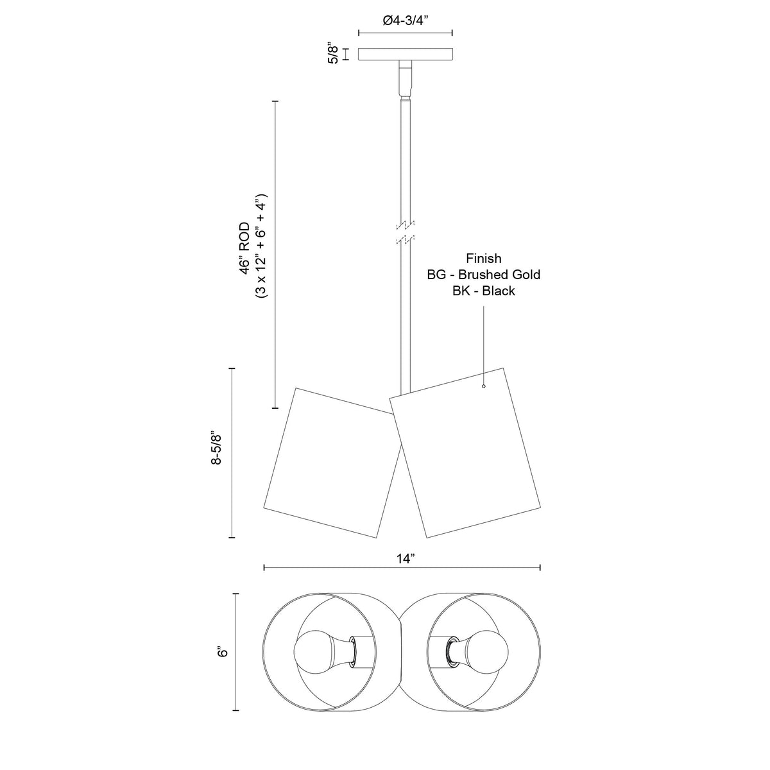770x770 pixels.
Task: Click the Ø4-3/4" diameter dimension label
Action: pyautogui.click(x=405, y=21)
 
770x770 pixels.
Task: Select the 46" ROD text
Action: pyautogui.click(x=244, y=248)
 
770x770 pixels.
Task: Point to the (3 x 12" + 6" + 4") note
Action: pyautogui.click(x=261, y=246)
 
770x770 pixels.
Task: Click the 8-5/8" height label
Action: pyautogui.click(x=216, y=448)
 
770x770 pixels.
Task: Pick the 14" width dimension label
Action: pyautogui.click(x=406, y=559)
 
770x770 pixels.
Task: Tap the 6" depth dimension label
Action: pyautogui.click(x=223, y=652)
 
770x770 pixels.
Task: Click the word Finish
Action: pyautogui.click(x=484, y=259)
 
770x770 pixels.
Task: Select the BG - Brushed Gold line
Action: pyautogui.click(x=484, y=275)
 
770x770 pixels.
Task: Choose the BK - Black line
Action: pyautogui.click(x=484, y=291)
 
